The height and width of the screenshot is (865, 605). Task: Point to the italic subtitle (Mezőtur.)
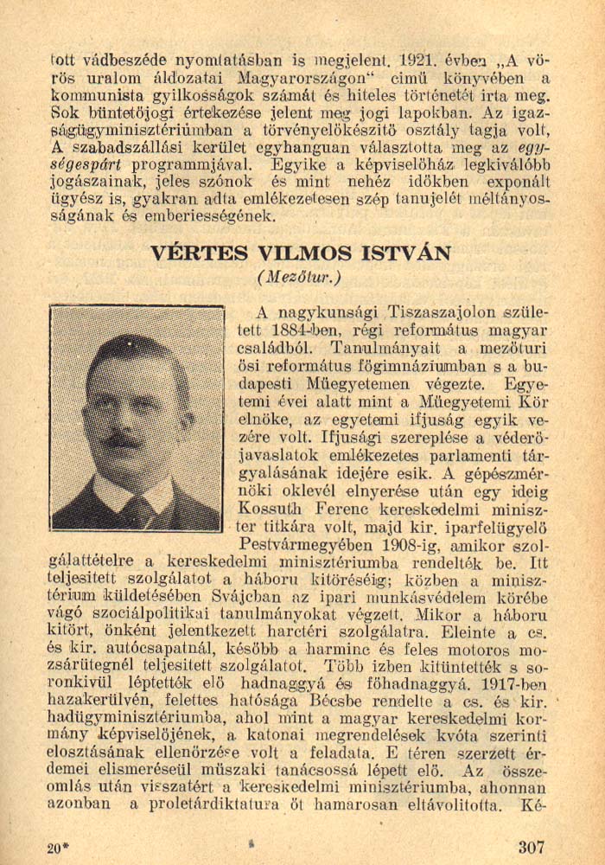[299, 277]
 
